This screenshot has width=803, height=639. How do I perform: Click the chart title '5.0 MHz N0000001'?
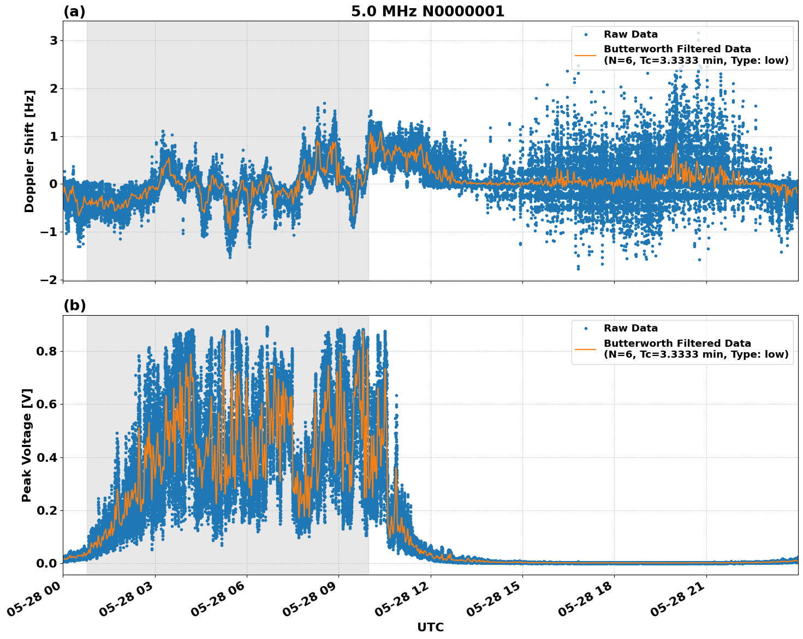pos(427,11)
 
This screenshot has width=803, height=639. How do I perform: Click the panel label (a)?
pos(74,11)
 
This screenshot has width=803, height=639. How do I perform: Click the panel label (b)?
pos(74,305)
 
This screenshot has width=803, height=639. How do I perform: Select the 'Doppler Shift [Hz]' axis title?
pos(29,151)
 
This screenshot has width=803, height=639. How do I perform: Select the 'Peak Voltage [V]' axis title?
pos(27,445)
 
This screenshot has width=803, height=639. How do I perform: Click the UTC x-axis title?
pos(430,627)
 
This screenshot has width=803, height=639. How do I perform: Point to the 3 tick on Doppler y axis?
pos(53,41)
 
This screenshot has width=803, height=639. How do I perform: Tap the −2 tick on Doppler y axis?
pos(49,280)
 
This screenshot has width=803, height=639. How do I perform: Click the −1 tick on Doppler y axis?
pos(49,232)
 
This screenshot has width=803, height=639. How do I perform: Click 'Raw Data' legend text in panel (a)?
pos(630,34)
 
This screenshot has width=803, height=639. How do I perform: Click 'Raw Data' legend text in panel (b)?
pos(630,328)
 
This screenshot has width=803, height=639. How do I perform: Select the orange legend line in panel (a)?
pos(585,55)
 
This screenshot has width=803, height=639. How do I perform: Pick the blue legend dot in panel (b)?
pos(586,328)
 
